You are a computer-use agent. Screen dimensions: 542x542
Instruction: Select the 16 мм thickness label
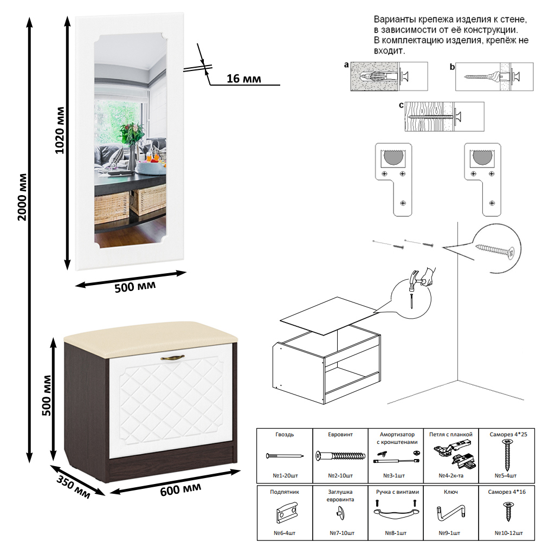tap(243, 79)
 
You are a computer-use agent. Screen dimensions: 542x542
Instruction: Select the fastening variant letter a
tap(346, 66)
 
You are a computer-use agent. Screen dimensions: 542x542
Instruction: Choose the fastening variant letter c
tap(401, 105)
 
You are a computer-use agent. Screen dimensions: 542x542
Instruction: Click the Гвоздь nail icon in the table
tap(285, 456)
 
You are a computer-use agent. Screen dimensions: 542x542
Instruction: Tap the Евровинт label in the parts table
tap(340, 435)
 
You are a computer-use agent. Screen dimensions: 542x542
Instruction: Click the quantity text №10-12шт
tap(509, 533)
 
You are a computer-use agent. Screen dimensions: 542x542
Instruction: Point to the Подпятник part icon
tap(285, 513)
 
